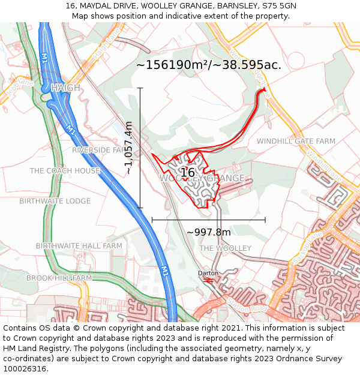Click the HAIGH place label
tap(65, 88)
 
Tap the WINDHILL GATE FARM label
tap(296, 141)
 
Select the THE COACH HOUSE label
tap(65, 171)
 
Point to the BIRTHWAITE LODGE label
tap(55, 201)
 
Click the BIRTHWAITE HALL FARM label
tap(79, 246)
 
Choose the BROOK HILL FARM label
tap(59, 278)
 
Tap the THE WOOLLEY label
tap(225, 248)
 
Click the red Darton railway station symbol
tap(209, 280)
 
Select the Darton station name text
tap(208, 273)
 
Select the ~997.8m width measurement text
tap(208, 232)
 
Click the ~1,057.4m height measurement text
tap(128, 148)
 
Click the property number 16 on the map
tap(188, 173)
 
